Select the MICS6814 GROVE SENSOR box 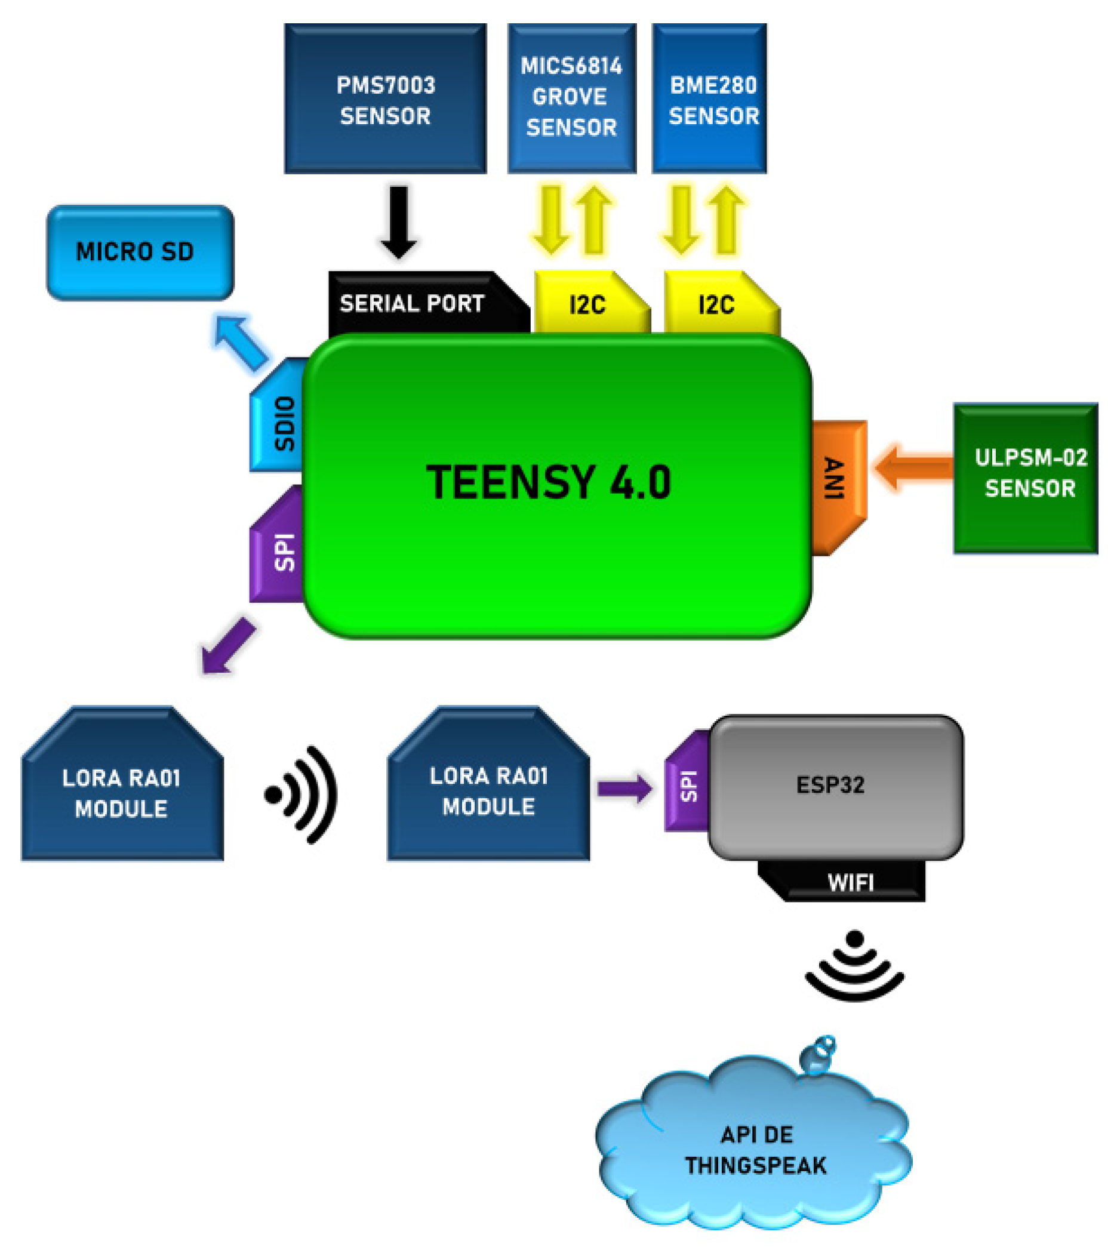point(571,98)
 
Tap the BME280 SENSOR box point(709,98)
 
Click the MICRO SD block point(140,253)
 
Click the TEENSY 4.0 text point(548,482)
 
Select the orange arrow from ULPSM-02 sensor point(913,467)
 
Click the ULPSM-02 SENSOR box point(1025,479)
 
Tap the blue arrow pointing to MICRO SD point(241,342)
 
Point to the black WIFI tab point(850,881)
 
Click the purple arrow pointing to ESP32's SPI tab point(623,788)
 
